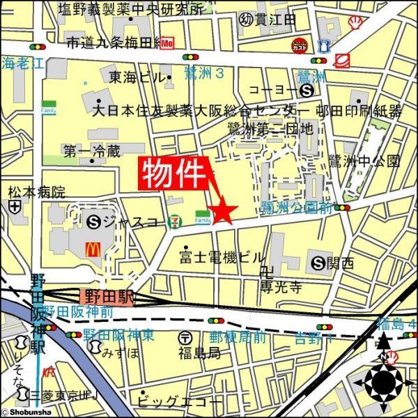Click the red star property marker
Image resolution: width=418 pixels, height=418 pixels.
[224, 211]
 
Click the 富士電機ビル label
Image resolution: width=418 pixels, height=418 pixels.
[222, 258]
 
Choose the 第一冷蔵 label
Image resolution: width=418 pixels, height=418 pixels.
[91, 150]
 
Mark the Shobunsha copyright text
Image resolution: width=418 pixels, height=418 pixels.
[25, 412]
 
